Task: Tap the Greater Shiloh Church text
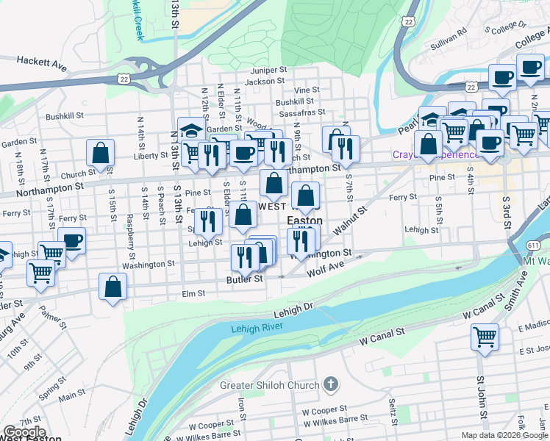click(270, 385)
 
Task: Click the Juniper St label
click(267, 70)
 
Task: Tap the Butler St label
click(245, 279)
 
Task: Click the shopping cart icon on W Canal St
click(485, 337)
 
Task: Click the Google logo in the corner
click(24, 432)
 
